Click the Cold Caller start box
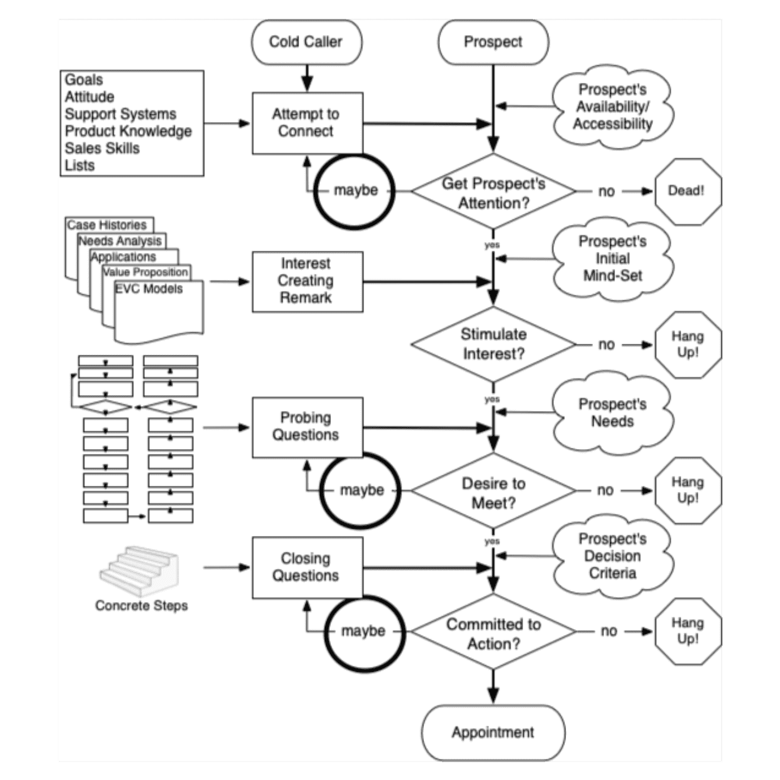coord(306,42)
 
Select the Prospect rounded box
coord(493,42)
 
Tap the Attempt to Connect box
coord(307,123)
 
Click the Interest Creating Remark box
coord(307,281)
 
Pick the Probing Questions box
coord(307,427)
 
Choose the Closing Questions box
coord(307,567)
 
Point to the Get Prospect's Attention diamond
coord(494,192)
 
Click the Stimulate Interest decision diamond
coord(494,344)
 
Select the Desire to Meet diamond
coord(494,492)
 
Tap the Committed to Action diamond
coord(494,633)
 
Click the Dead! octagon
coord(686,191)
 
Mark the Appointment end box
coord(493,732)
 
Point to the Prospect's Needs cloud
coord(612,413)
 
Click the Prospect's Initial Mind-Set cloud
coord(612,259)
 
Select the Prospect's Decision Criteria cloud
coord(612,556)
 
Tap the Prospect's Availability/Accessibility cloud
coord(612,107)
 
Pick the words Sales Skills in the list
coord(102,148)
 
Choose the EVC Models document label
coord(149,289)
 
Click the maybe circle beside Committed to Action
coord(364,631)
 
